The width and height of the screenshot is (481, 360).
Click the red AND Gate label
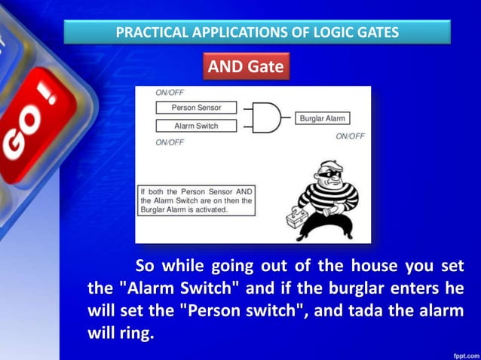click(246, 67)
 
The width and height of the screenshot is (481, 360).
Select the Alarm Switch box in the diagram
click(196, 126)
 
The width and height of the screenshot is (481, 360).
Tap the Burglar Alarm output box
click(323, 119)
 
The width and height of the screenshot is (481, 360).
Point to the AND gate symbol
click(265, 117)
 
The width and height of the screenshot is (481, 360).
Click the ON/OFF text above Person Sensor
click(170, 93)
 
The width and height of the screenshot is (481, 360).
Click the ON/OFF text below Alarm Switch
click(170, 142)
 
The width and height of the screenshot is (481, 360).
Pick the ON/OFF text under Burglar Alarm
click(350, 136)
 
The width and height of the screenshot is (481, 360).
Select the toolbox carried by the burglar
click(299, 221)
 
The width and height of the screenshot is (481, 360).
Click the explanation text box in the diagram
click(197, 200)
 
